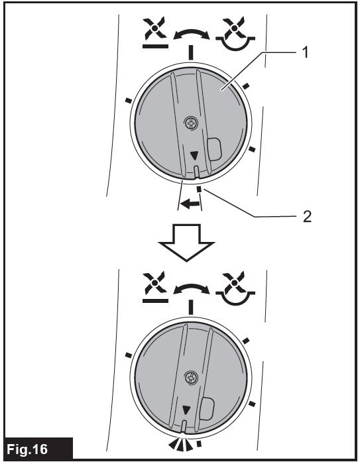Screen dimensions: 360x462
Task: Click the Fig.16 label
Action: tap(27, 449)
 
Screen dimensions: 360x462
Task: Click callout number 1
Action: tap(305, 52)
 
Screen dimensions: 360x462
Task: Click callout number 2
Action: tap(307, 217)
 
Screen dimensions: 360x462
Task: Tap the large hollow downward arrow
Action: tap(186, 243)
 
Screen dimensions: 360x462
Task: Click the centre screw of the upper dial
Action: tap(190, 123)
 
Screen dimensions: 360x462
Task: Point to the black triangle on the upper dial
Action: tap(194, 156)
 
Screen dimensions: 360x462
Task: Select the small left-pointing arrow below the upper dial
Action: tap(190, 203)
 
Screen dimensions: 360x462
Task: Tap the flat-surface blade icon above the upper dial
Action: tap(155, 32)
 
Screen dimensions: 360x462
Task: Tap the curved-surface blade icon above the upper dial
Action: tap(235, 33)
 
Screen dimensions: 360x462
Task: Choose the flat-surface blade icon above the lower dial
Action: tap(155, 287)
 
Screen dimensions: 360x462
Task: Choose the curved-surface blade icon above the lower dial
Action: tap(235, 288)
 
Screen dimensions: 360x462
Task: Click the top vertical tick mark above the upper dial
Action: tap(191, 53)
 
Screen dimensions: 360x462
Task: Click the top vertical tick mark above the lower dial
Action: tap(191, 308)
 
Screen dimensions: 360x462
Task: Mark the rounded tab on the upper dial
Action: tap(214, 149)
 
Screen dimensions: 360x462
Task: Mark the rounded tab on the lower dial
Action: tap(207, 409)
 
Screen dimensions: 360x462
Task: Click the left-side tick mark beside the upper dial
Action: tap(128, 101)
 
